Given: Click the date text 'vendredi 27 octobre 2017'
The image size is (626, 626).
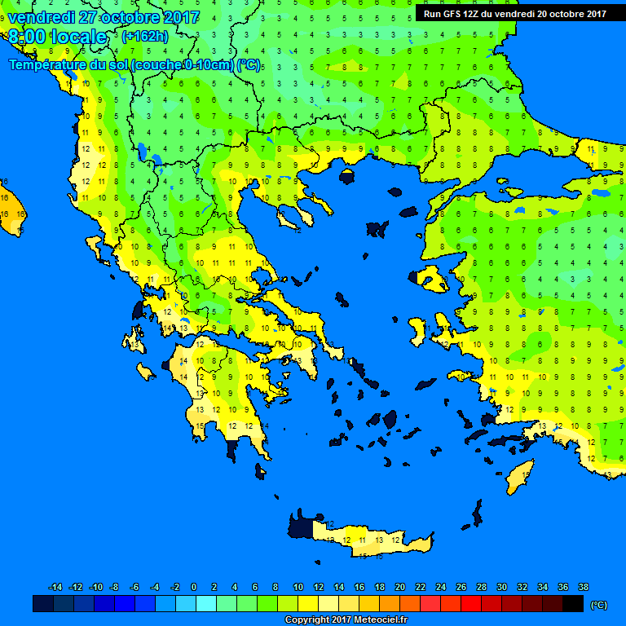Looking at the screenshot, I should [103, 17].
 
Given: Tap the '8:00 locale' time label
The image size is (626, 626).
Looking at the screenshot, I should [57, 37].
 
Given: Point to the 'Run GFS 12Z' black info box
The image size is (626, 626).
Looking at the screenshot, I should [514, 13].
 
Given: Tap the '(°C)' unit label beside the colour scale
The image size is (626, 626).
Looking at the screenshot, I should [598, 605].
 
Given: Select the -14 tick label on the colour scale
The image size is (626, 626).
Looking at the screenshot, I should [55, 588].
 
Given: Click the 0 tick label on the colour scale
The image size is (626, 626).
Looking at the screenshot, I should [194, 588].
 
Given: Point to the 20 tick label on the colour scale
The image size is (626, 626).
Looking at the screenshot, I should [399, 588].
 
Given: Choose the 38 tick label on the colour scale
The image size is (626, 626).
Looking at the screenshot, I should [583, 588].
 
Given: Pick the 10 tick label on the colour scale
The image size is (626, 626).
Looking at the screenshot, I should [298, 588].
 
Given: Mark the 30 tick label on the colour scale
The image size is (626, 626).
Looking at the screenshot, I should [501, 588].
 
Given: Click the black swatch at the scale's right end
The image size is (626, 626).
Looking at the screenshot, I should [573, 604].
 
